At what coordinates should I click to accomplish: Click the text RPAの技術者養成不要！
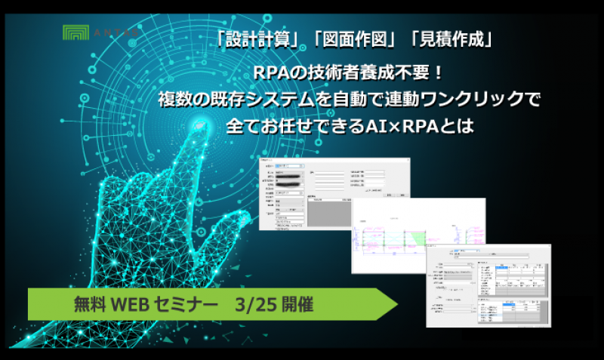point(348,75)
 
